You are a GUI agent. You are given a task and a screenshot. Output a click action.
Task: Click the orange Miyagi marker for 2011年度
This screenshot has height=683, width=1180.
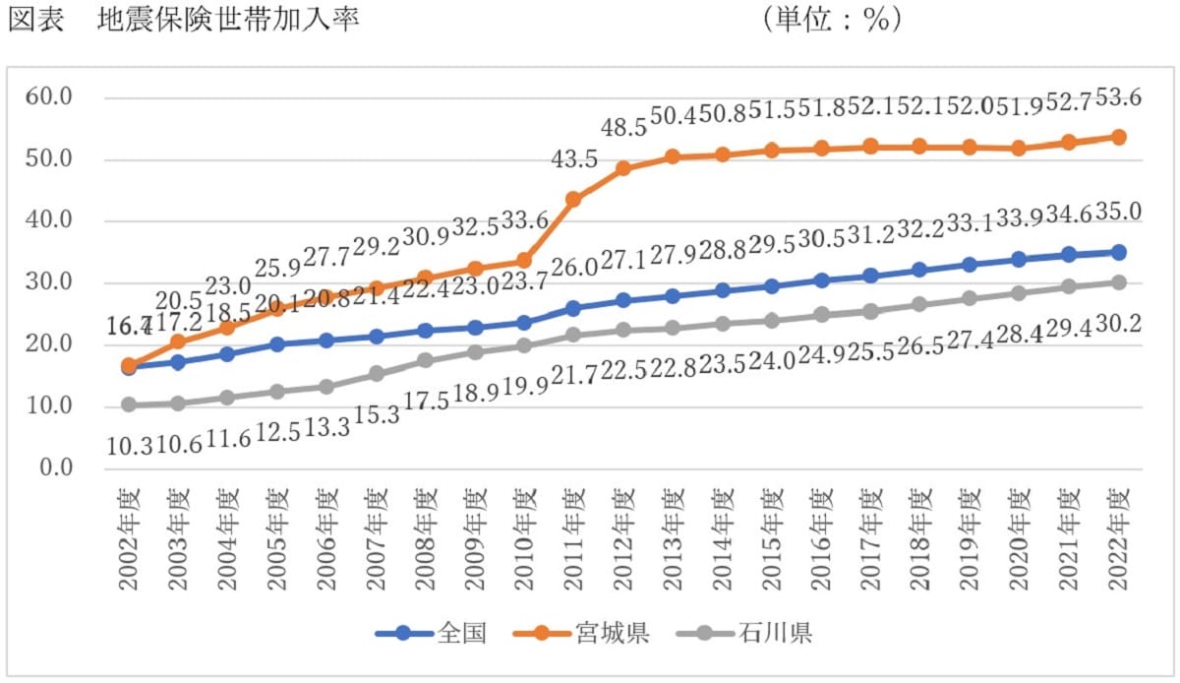coord(573,199)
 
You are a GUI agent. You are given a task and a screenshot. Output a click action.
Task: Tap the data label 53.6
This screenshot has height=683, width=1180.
coord(1119,97)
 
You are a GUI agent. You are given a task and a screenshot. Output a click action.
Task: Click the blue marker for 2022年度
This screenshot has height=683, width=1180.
coord(1118,252)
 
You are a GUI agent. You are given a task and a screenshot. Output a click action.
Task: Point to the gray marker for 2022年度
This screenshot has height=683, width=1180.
coord(1118,282)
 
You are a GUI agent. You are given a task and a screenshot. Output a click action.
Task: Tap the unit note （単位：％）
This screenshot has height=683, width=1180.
coord(831,21)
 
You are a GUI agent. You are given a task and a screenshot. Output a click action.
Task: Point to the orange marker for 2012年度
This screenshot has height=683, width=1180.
coord(622,168)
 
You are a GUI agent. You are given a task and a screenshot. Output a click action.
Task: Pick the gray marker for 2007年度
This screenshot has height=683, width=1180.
coord(376,374)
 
